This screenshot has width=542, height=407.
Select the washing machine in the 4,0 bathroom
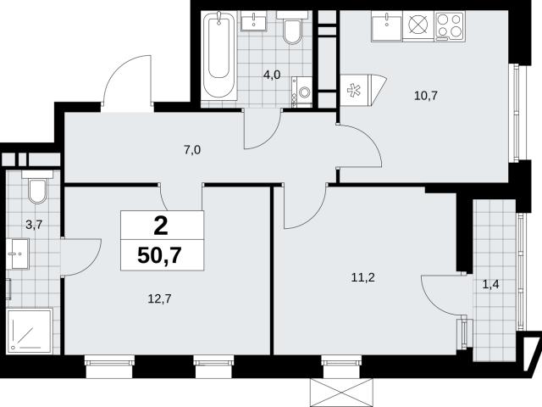(301, 92)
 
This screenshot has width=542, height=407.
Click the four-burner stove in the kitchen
(450, 26)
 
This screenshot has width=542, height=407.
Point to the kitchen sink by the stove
(387, 26)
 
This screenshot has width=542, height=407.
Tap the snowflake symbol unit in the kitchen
(363, 91)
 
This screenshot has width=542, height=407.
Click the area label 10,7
(426, 96)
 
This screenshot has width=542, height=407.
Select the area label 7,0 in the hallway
(192, 150)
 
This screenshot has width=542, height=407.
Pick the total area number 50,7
(159, 256)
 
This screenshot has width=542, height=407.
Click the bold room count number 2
(161, 226)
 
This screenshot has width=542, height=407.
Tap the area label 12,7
(159, 298)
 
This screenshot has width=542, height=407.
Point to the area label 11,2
(363, 277)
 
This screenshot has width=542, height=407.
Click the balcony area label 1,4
(490, 285)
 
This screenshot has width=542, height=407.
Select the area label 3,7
(34, 225)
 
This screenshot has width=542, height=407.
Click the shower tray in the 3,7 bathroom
(30, 332)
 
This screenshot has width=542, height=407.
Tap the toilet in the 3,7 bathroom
(37, 187)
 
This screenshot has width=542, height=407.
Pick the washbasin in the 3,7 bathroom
(18, 254)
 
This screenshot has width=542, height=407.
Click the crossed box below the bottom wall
(342, 393)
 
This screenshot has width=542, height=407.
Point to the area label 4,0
(272, 75)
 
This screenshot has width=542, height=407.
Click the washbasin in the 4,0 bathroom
(254, 21)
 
